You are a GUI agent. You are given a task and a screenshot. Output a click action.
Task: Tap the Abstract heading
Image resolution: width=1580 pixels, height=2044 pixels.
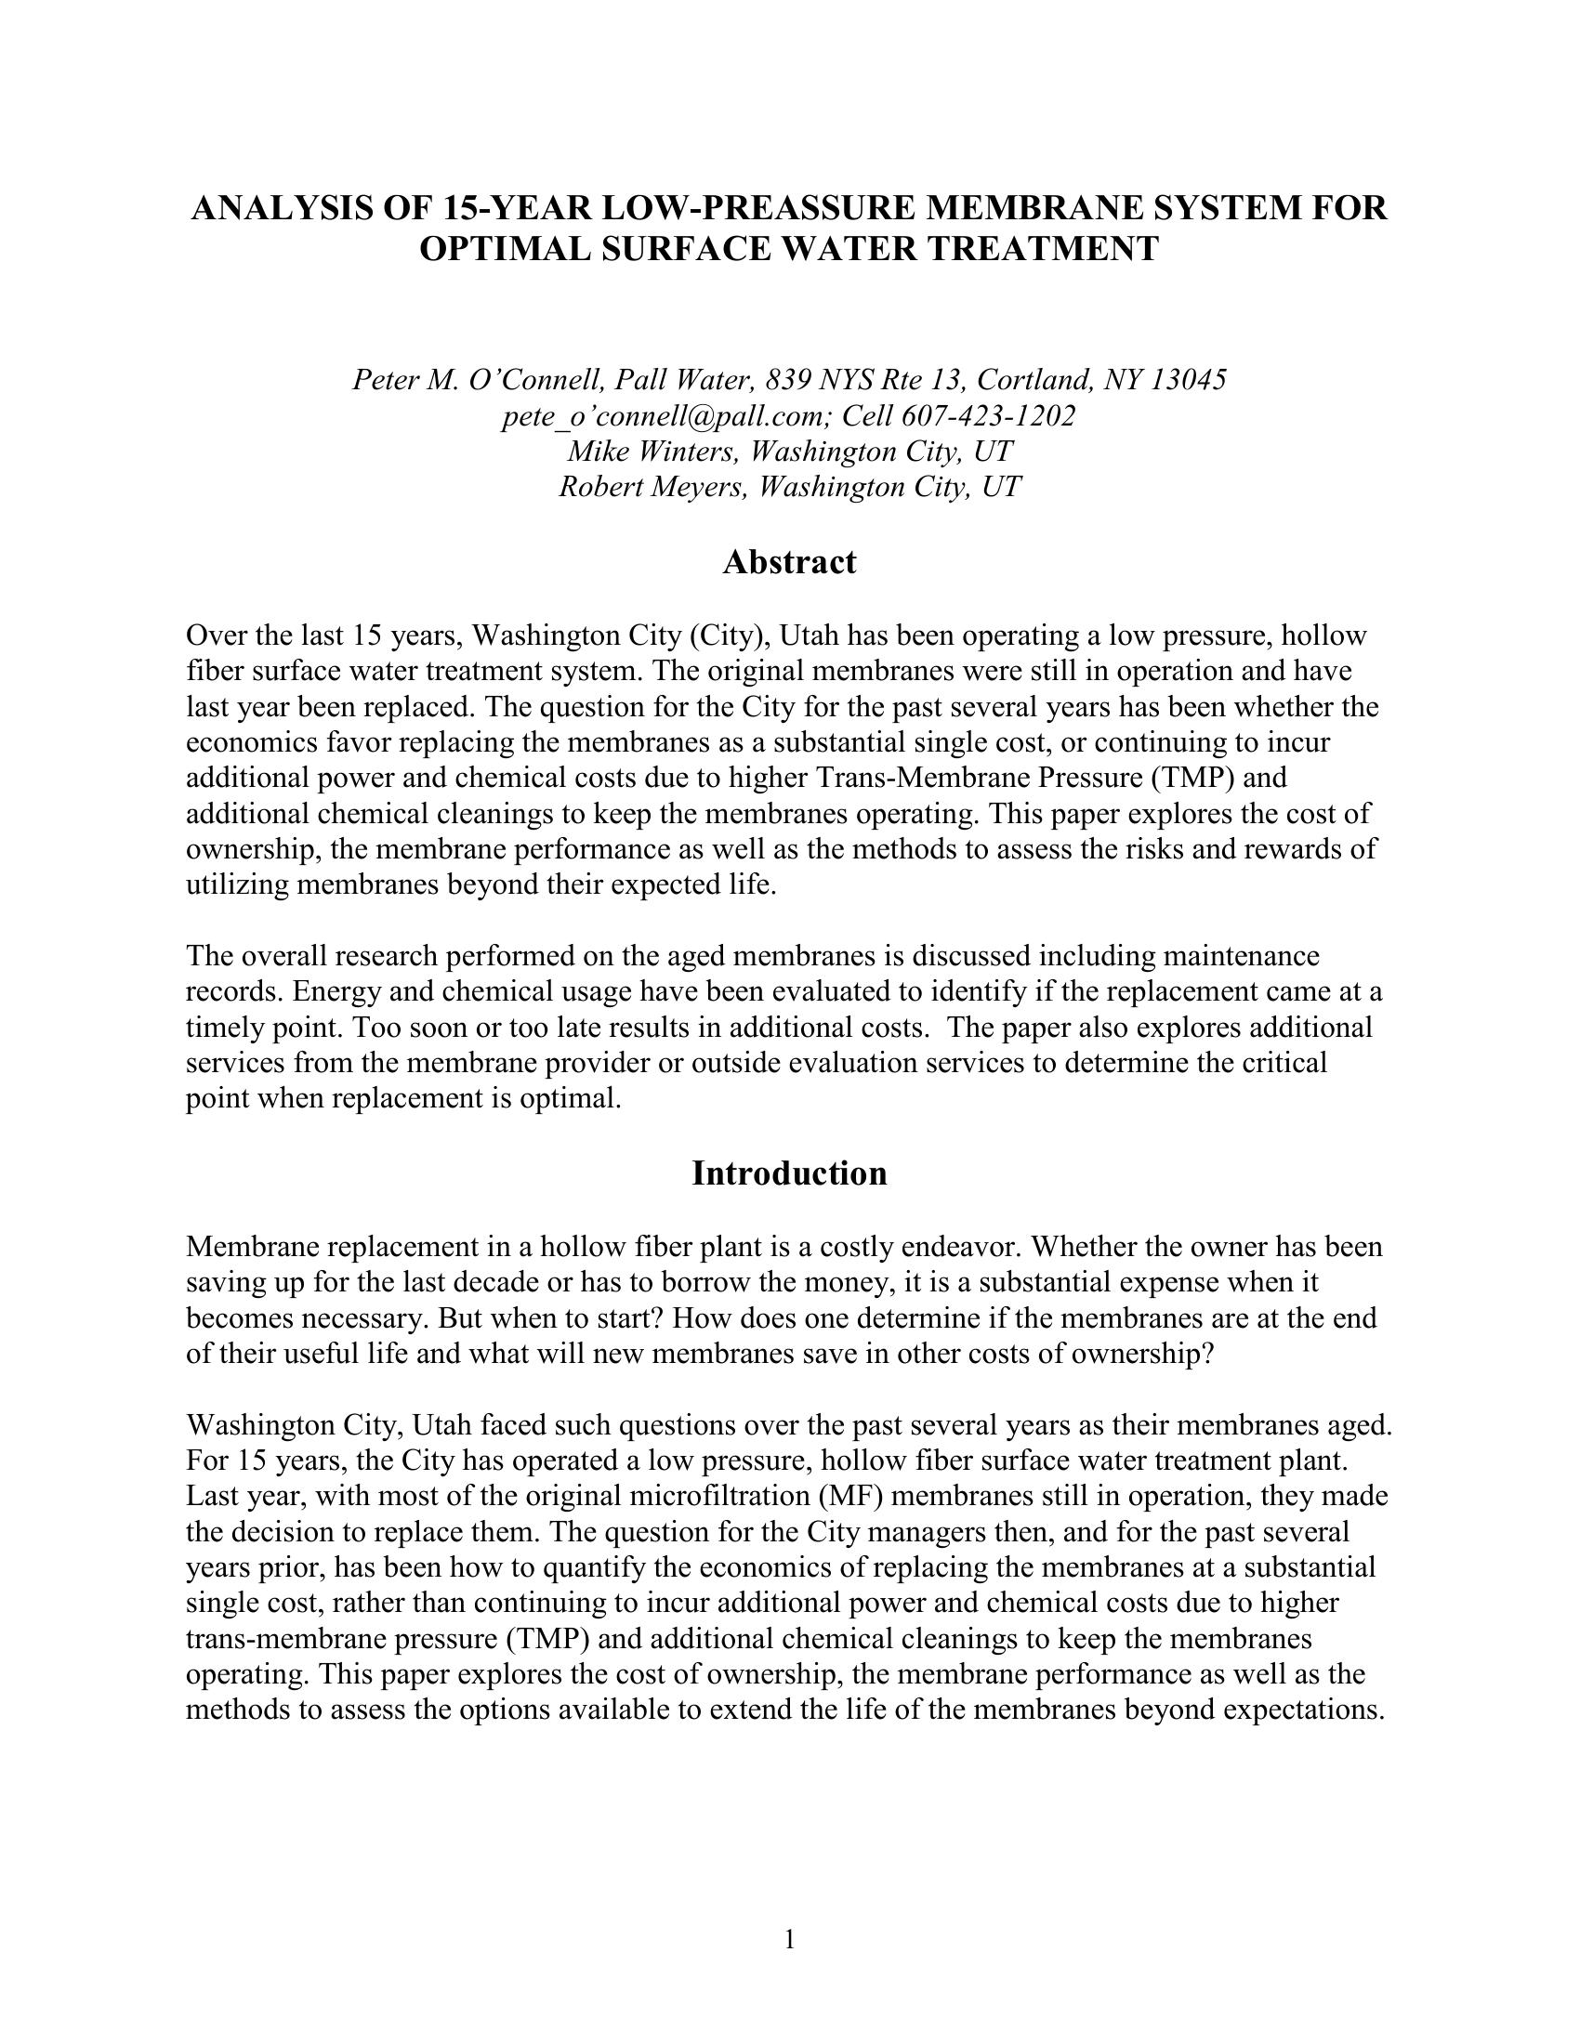[789, 562]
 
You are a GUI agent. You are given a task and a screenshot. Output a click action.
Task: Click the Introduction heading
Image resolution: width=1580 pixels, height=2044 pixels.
[789, 1173]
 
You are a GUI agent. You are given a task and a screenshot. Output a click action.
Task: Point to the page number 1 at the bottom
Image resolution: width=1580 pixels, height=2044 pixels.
[789, 1940]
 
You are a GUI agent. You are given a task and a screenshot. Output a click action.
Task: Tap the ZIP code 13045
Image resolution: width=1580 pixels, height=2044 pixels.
[1188, 380]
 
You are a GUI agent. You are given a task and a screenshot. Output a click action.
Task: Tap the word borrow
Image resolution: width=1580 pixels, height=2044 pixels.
[777, 1283]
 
